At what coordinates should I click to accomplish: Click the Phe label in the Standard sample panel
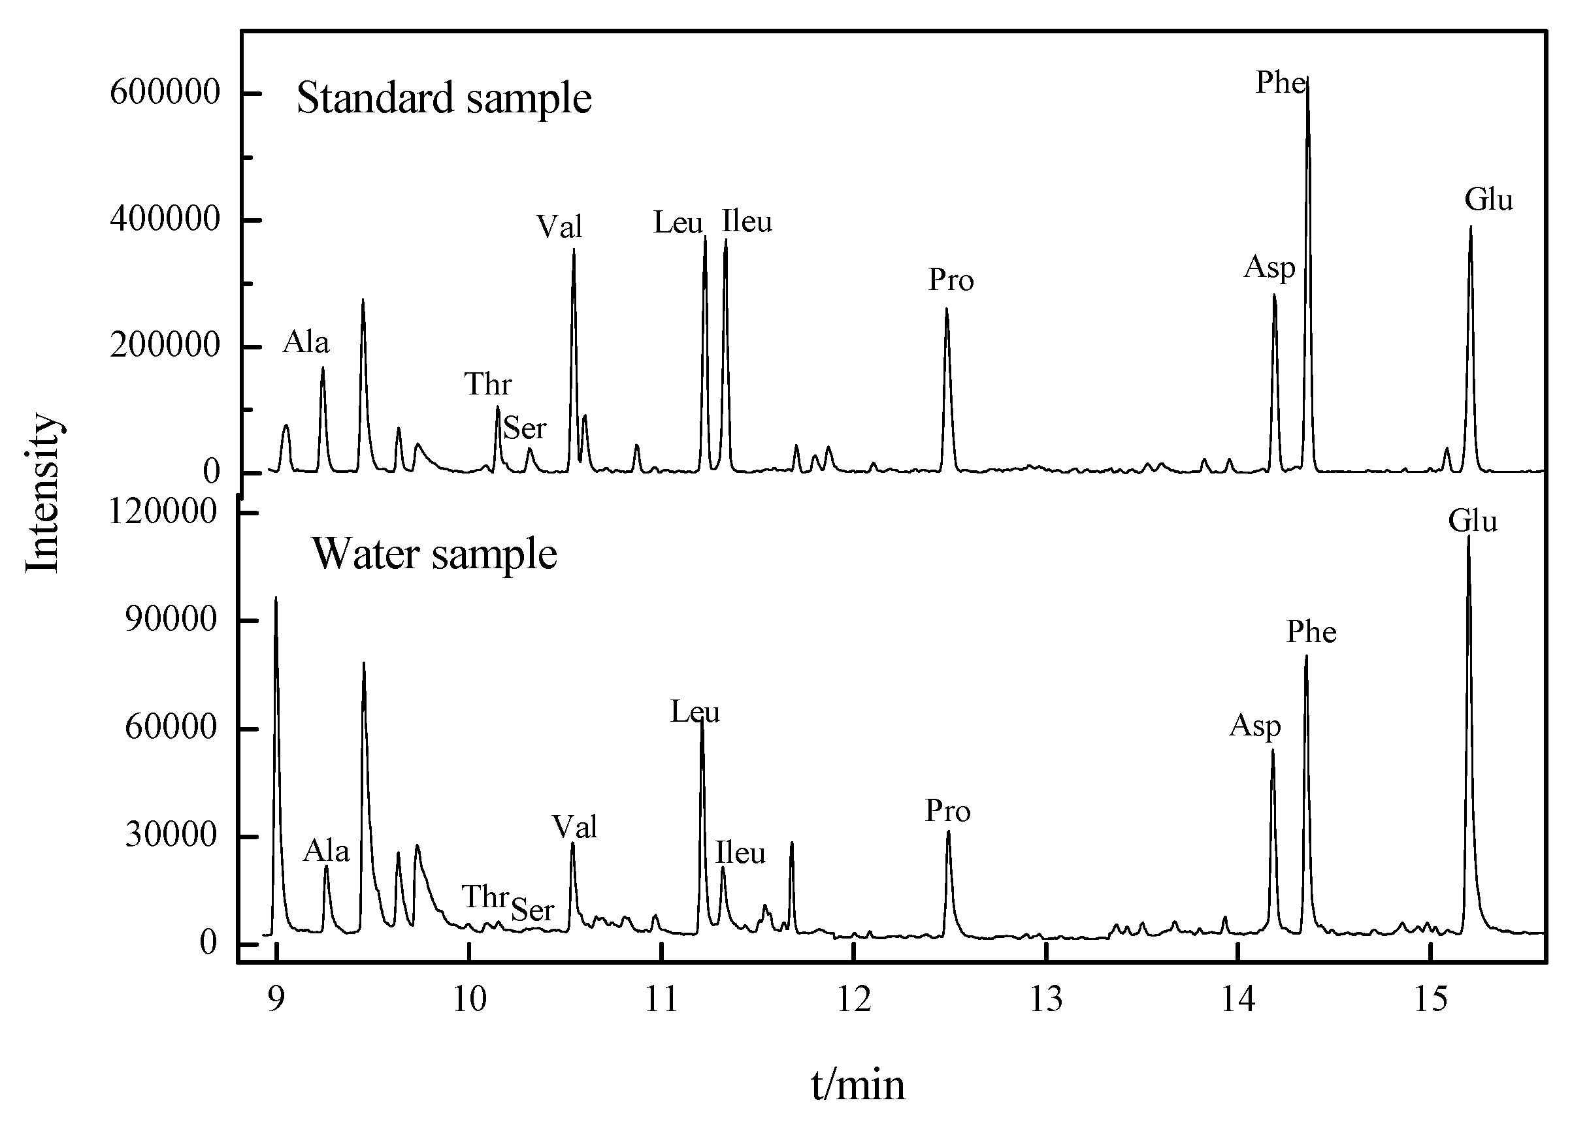tap(1280, 83)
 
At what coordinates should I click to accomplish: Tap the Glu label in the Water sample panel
tap(1472, 521)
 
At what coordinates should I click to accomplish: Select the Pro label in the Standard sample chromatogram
tap(951, 280)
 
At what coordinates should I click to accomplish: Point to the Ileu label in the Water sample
tap(740, 852)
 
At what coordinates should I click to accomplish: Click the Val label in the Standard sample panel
tap(559, 227)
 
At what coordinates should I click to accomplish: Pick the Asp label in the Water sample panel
tap(1254, 726)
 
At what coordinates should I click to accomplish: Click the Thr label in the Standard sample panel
tap(488, 384)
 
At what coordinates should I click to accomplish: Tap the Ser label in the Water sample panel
tap(532, 909)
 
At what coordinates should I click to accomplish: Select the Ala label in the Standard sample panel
tap(306, 342)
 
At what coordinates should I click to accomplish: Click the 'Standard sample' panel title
tap(444, 98)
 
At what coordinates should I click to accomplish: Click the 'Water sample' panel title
tap(434, 554)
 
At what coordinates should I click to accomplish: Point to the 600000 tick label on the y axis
tap(165, 92)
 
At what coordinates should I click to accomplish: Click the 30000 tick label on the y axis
tap(171, 835)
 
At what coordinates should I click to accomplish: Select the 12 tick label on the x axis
tap(854, 1001)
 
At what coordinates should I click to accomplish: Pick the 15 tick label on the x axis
tap(1430, 1001)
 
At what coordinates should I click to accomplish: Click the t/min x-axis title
tap(858, 1085)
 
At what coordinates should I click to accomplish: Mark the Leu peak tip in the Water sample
tap(702, 720)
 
